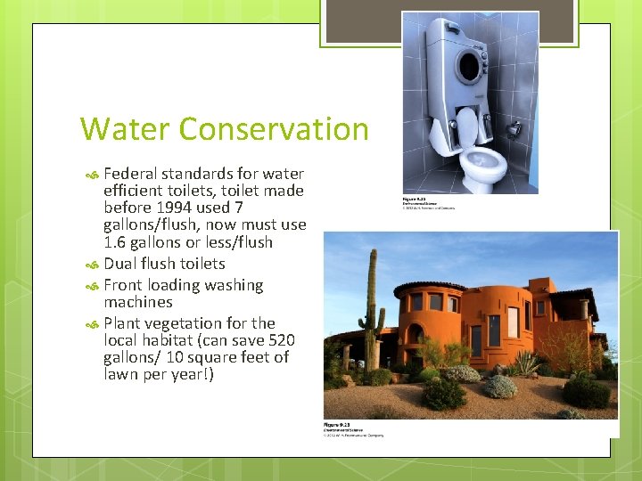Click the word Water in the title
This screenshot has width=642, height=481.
124,129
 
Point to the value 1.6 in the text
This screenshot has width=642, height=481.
115,242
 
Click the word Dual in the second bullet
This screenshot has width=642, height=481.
121,264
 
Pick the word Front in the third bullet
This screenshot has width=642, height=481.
125,285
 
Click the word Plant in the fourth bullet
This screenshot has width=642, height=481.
125,323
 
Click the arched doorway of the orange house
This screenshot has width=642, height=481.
416,344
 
